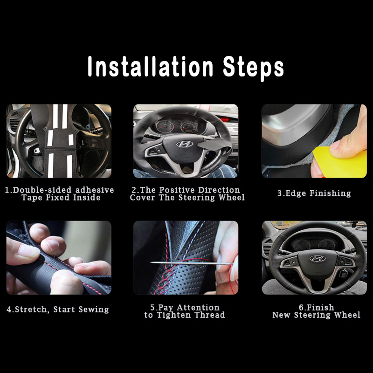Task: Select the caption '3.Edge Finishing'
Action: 314,193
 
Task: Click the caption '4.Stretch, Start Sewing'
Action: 57,309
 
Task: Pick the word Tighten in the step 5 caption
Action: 180,315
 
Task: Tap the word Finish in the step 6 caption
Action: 320,307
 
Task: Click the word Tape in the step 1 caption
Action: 32,198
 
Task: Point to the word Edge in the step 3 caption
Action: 295,193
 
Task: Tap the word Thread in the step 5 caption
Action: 210,315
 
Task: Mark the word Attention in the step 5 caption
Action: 198,307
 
